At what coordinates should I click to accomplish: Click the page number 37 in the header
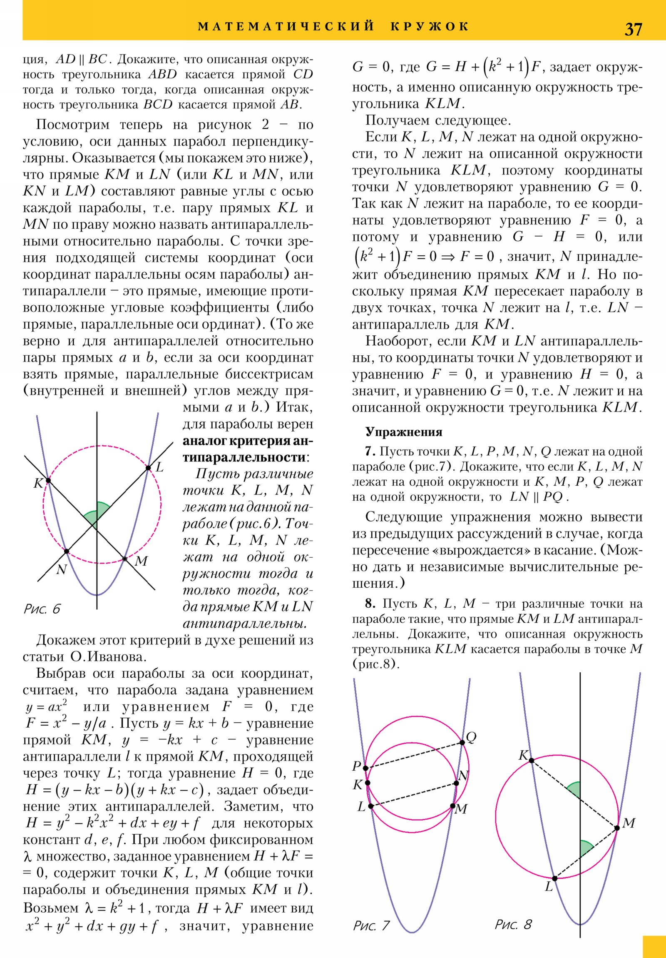(633, 29)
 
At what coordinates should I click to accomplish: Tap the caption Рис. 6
(42, 609)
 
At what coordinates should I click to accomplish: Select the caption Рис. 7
(371, 926)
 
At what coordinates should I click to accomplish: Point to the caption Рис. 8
(513, 924)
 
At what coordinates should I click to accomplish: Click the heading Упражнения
(404, 432)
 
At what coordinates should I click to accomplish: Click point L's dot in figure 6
(148, 468)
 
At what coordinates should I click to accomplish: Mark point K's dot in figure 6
(48, 481)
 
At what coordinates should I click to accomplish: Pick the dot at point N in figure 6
(66, 551)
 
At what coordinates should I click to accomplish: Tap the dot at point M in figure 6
(124, 559)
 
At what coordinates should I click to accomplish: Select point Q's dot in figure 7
(462, 742)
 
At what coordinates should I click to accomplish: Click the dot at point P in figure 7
(365, 768)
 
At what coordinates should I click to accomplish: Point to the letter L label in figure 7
(361, 806)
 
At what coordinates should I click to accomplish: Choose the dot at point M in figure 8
(617, 828)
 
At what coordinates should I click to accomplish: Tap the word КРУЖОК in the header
(430, 26)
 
